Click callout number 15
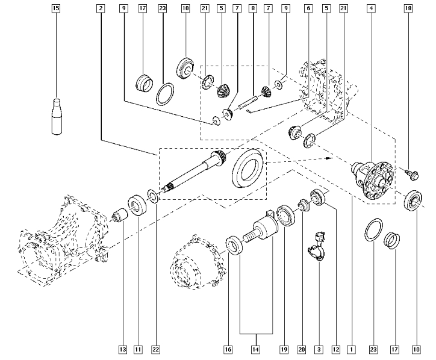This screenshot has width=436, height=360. point(56,9)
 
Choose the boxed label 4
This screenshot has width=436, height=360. point(372,9)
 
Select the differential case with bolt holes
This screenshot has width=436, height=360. point(372,178)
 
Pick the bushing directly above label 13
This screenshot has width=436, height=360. point(122,214)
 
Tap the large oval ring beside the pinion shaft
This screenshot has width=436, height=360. point(247,170)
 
